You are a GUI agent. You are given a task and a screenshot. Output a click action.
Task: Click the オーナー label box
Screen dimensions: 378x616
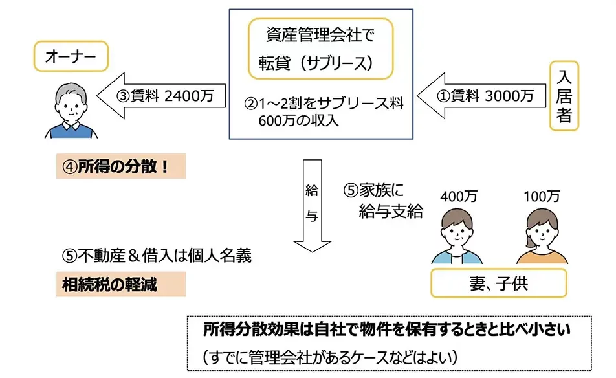(x=70, y=58)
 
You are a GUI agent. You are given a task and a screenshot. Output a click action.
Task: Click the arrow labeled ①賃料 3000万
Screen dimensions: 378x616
(x=479, y=96)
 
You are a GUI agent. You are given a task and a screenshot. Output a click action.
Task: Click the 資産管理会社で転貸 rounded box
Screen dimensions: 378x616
(x=321, y=50)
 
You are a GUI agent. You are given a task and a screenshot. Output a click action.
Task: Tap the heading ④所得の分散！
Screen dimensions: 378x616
(x=120, y=166)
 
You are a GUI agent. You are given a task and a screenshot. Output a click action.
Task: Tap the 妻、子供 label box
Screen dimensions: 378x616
(x=498, y=283)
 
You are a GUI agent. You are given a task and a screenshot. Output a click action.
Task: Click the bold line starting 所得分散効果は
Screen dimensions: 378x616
(x=387, y=331)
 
